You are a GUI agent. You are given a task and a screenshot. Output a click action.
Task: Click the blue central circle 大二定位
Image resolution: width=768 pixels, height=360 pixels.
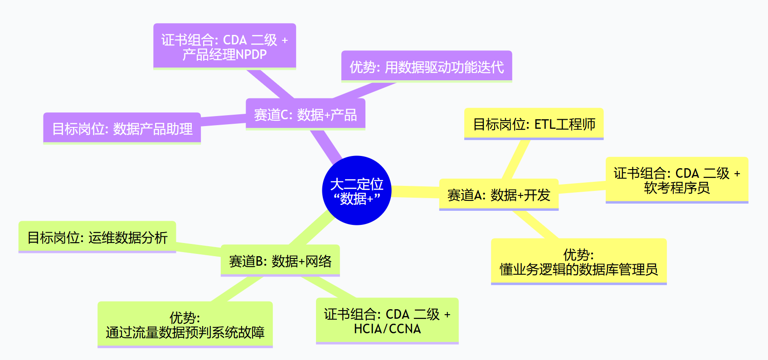356,190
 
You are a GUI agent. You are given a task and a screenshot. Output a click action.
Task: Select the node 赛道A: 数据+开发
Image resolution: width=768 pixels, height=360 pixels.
499,195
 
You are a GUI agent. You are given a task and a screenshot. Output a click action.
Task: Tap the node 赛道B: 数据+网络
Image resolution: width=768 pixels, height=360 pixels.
280,261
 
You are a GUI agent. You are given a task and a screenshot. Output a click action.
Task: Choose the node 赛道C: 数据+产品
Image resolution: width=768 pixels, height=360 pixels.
305,115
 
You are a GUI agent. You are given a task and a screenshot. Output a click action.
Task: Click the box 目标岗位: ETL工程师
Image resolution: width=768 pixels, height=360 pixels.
534,124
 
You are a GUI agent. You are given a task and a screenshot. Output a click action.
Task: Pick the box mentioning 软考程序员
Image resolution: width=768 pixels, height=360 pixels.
676,180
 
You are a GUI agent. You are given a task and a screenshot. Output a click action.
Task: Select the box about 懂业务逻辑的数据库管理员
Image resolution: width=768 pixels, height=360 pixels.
578,262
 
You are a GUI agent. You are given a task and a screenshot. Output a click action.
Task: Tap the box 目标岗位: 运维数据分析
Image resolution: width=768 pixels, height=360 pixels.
97,237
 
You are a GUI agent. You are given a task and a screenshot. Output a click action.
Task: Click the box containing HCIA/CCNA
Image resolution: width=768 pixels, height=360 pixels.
387,321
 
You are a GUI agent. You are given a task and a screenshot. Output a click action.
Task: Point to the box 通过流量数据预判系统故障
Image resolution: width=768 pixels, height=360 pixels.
185,325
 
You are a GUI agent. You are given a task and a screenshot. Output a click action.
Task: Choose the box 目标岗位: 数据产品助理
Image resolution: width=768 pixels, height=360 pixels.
122,129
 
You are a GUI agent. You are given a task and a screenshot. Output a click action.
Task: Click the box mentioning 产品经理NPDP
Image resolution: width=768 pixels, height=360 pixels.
224,47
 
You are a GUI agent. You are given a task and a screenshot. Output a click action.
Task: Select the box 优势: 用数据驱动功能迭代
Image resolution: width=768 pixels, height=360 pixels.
426,67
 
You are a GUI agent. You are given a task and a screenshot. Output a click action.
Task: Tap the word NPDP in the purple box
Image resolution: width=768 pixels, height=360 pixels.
251,54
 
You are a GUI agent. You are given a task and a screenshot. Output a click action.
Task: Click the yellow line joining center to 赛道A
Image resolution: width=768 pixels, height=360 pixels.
415,192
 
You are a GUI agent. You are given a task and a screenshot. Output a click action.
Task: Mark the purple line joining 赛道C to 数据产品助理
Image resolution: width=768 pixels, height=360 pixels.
223,120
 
